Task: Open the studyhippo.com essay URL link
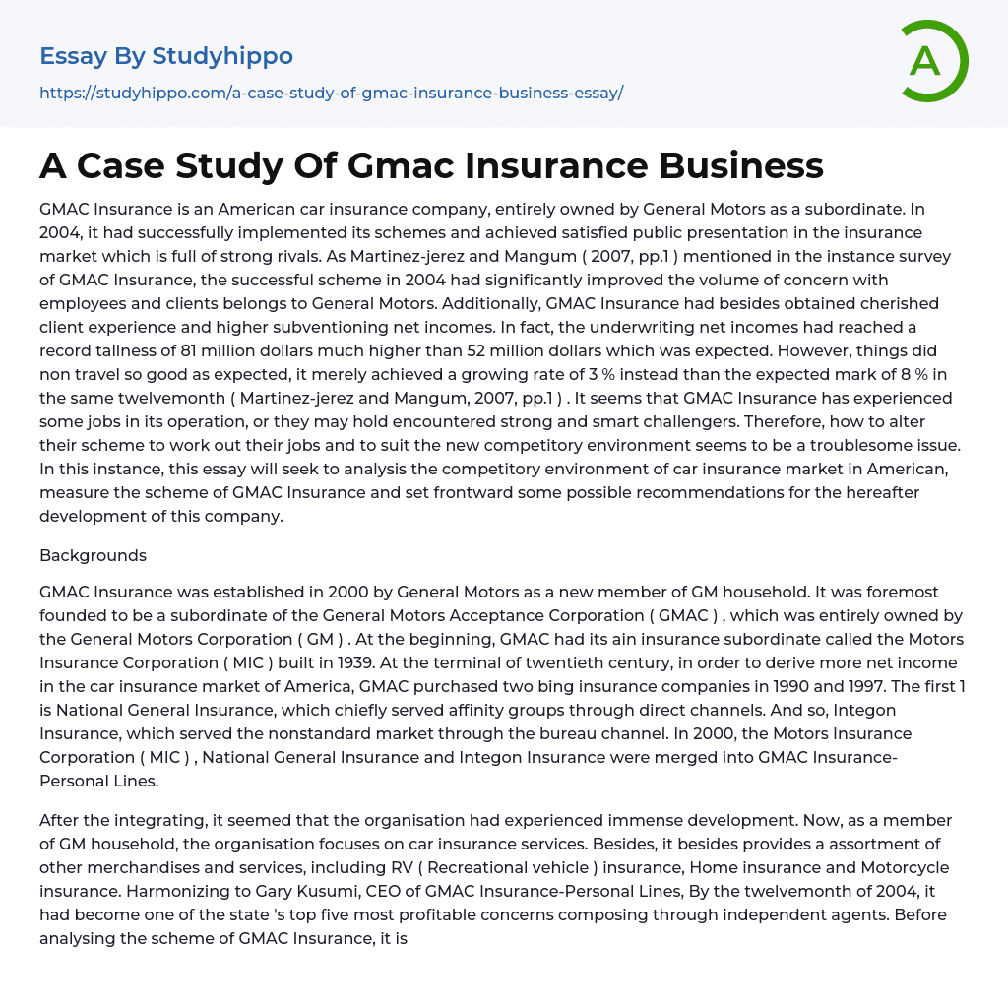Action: pyautogui.click(x=331, y=93)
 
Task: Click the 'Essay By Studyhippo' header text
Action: pyautogui.click(x=166, y=56)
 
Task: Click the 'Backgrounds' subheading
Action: pyautogui.click(x=93, y=555)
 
